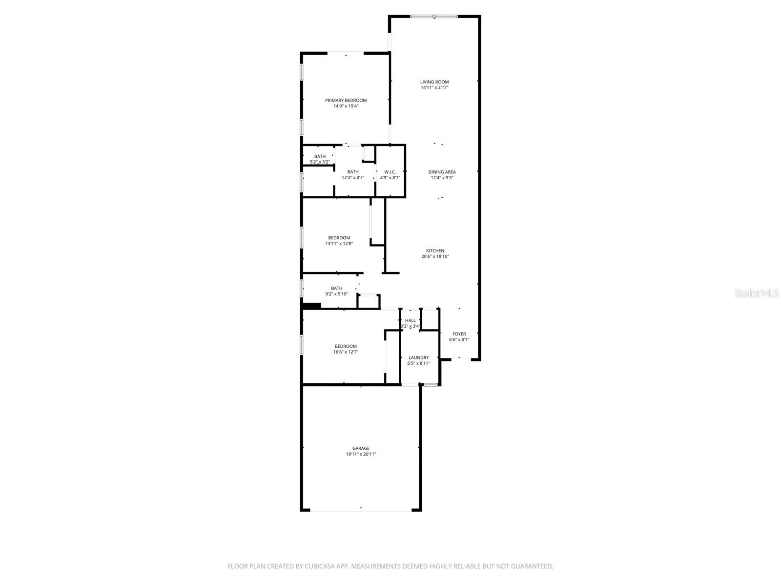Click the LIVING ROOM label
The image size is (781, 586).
434,82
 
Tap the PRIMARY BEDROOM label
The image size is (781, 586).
346,100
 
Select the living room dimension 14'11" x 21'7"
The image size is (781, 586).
434,88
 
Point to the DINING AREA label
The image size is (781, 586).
442,172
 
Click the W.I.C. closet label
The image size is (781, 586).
390,172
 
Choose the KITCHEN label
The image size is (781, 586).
435,251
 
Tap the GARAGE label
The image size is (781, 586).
361,448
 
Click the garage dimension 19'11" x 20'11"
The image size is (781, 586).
361,454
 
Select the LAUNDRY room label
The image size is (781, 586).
418,357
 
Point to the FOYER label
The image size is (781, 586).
459,334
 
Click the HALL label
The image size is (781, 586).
410,320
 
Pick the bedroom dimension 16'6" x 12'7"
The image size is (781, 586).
346,352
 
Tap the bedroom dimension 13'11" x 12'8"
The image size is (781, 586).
339,244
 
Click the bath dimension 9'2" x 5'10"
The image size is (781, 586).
336,294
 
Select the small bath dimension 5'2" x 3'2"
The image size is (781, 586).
320,162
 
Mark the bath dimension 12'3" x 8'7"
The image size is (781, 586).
352,178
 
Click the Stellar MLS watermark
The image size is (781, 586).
757,293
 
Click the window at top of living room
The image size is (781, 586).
434,17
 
